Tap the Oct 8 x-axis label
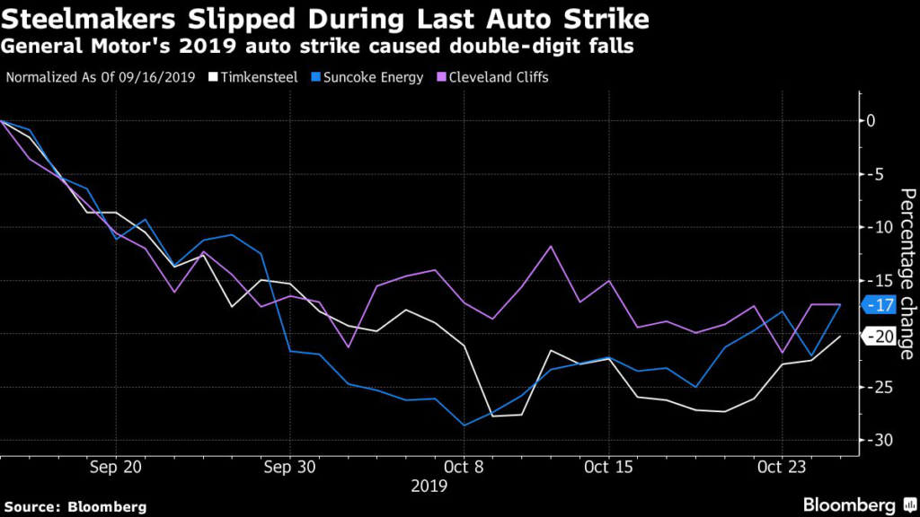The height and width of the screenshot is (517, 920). tap(464, 467)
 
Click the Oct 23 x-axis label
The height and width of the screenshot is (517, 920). tap(783, 467)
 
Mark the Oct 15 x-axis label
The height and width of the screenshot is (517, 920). tap(609, 467)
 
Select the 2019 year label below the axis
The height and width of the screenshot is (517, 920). tap(429, 486)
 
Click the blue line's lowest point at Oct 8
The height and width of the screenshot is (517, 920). tap(464, 425)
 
